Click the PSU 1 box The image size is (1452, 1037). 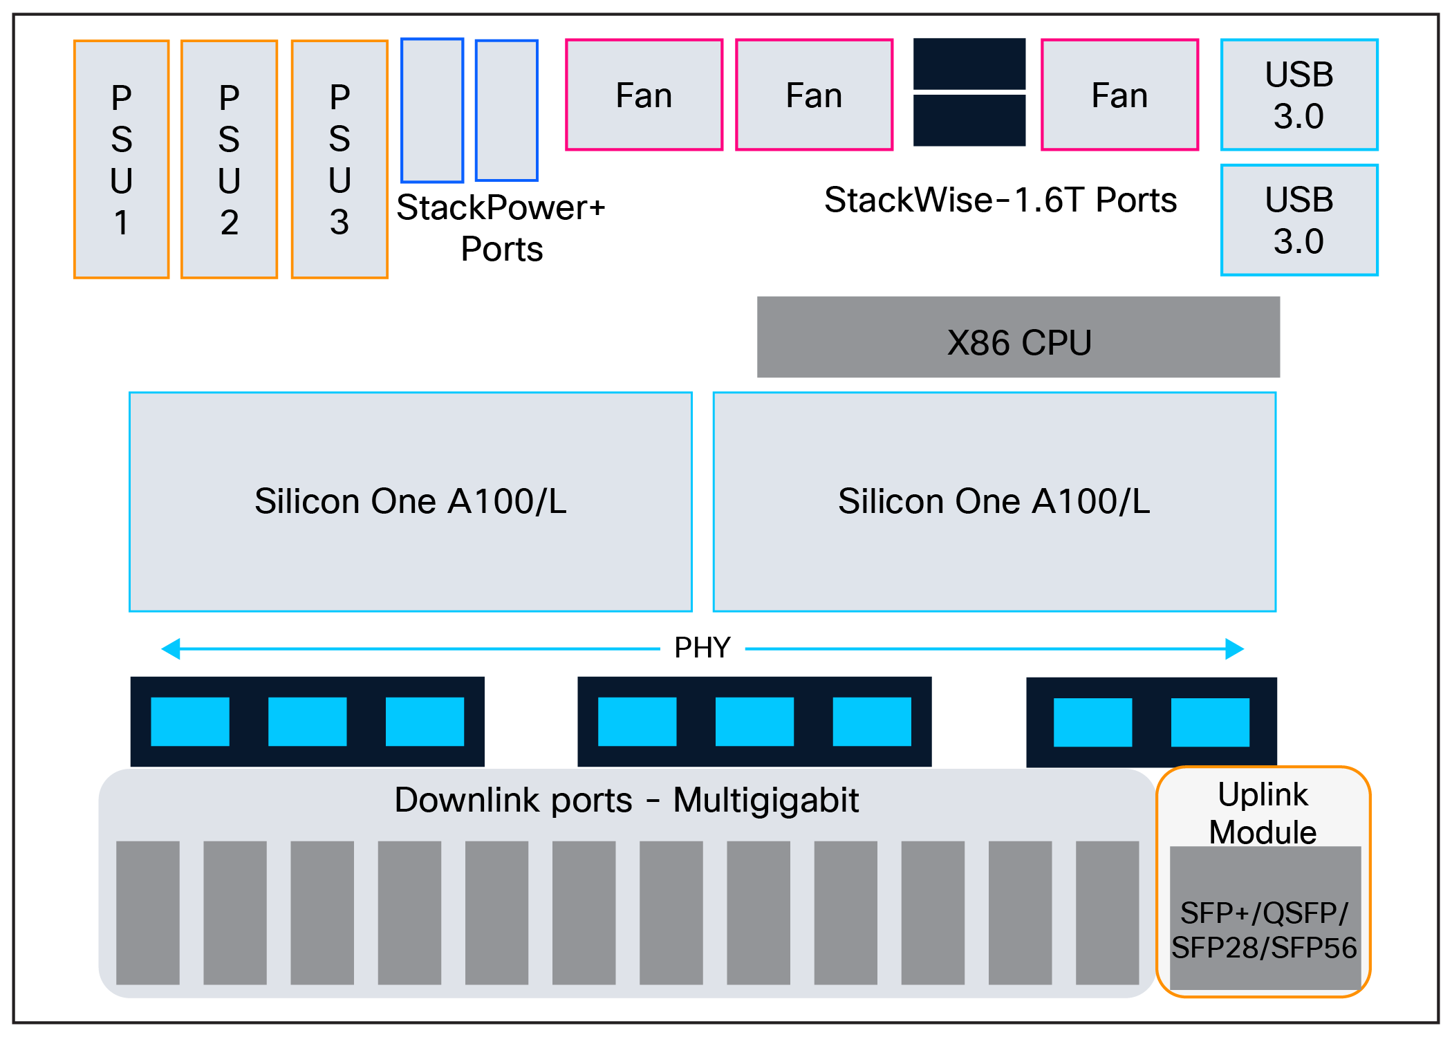(122, 160)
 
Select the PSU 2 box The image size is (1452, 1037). (230, 160)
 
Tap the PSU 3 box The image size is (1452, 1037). (339, 160)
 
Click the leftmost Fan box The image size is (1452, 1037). (644, 95)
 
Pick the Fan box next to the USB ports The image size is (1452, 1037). (1119, 95)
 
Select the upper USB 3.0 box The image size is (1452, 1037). (1299, 95)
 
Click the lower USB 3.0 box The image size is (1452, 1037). (1299, 220)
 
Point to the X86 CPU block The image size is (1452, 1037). (1018, 338)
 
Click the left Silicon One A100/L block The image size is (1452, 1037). (411, 502)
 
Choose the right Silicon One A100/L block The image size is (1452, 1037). (994, 502)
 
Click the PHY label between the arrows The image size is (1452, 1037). (702, 648)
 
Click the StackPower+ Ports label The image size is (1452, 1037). (501, 228)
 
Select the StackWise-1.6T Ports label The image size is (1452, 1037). (1000, 200)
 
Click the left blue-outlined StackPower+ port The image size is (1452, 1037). (432, 111)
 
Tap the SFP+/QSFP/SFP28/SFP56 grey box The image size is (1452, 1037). (1265, 919)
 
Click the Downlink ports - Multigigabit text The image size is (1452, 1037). (626, 801)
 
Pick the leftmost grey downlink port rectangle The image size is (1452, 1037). (148, 913)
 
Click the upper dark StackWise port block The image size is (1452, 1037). (969, 64)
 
